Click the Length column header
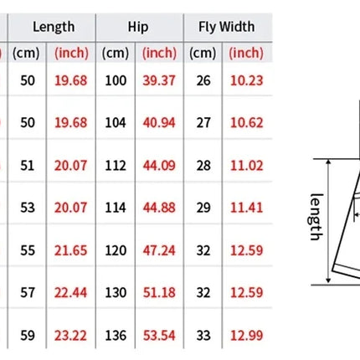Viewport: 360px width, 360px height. tap(54, 28)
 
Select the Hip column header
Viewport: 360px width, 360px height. tap(138, 28)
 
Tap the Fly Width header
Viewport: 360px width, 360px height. tap(226, 28)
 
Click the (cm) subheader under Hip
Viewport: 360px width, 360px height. tap(116, 53)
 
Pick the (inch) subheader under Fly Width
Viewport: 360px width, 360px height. tap(246, 53)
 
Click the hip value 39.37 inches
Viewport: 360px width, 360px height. tap(159, 80)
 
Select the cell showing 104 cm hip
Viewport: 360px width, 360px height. tap(116, 123)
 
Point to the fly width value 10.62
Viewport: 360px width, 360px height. tap(247, 123)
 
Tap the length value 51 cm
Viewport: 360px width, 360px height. tap(28, 166)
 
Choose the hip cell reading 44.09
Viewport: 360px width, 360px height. tap(159, 166)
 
